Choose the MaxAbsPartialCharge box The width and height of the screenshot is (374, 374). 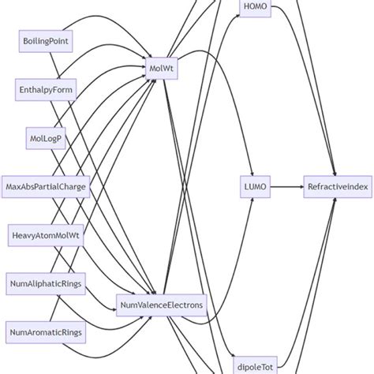47,187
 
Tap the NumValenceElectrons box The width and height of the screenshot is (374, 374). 161,305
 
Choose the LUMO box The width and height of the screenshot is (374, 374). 256,187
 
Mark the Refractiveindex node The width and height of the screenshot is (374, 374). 335,187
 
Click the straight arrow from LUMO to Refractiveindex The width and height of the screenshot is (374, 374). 287,187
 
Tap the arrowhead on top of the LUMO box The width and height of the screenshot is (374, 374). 256,176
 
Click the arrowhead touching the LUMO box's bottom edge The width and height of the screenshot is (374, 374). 256,199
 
